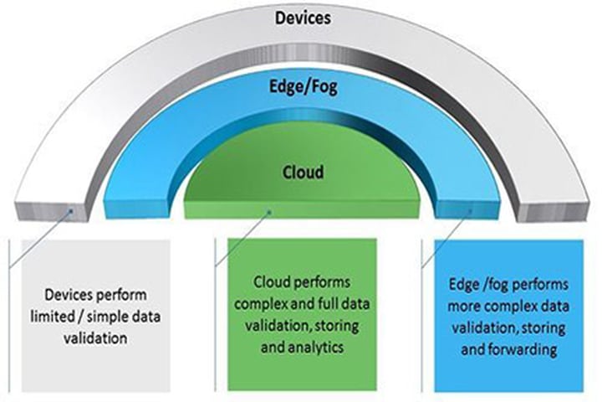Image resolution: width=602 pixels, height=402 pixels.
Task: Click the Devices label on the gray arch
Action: (303, 18)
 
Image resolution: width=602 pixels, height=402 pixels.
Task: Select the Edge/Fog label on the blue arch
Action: (304, 87)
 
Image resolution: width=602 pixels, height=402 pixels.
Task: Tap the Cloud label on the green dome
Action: (303, 173)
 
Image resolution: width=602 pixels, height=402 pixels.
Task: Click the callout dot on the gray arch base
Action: (71, 210)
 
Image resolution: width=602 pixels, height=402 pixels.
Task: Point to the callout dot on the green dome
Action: (269, 212)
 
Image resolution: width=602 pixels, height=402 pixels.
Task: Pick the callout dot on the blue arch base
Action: (470, 211)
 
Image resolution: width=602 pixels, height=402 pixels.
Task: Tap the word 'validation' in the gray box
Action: (95, 338)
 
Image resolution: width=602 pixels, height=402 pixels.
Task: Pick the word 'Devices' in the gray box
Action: (69, 295)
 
